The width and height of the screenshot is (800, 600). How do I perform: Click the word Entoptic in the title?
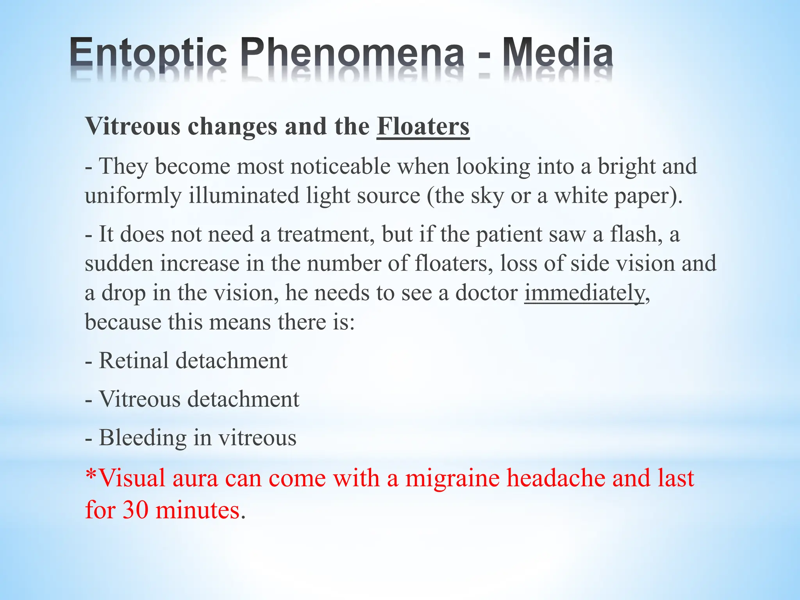[x=148, y=53]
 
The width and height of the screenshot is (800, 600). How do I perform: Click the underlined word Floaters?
[x=423, y=127]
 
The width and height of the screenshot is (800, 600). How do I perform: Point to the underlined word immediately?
[x=584, y=293]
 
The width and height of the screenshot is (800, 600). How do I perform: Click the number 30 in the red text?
[x=136, y=510]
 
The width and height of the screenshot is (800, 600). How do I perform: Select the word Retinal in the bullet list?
[x=134, y=360]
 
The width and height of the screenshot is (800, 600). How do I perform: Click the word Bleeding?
[x=143, y=437]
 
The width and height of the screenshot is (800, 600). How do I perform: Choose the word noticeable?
[x=340, y=166]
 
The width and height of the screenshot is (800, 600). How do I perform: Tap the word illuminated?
[x=244, y=196]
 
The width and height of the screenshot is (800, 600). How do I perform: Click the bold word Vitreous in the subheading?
[x=133, y=127]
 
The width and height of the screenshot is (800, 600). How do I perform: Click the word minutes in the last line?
[x=197, y=510]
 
